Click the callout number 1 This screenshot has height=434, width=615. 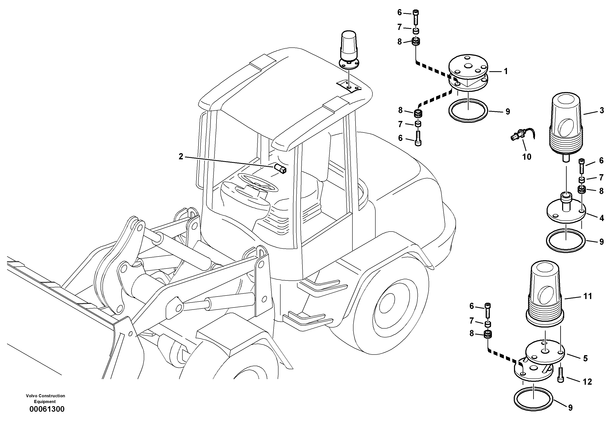[506, 71]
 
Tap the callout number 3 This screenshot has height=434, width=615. [602, 110]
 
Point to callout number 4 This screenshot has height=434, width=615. [602, 218]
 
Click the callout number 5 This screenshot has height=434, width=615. [585, 358]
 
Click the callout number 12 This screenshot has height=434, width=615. [587, 382]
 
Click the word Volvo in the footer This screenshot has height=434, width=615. [32, 396]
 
